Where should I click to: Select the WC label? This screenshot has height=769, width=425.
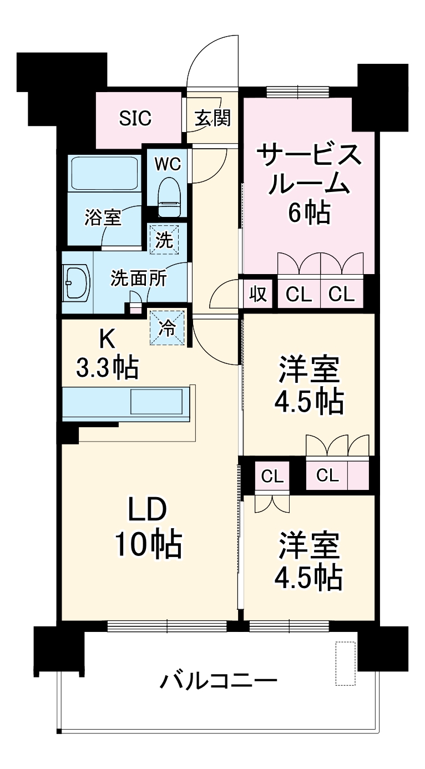167,165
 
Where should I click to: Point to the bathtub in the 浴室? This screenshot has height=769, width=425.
103,174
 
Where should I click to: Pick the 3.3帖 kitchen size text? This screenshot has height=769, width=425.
107,367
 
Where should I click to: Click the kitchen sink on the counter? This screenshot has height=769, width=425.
156,401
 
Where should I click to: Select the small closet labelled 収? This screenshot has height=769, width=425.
259,294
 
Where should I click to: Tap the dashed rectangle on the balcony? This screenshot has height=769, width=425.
345,664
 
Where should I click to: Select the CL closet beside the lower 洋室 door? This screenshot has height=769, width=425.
272,476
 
